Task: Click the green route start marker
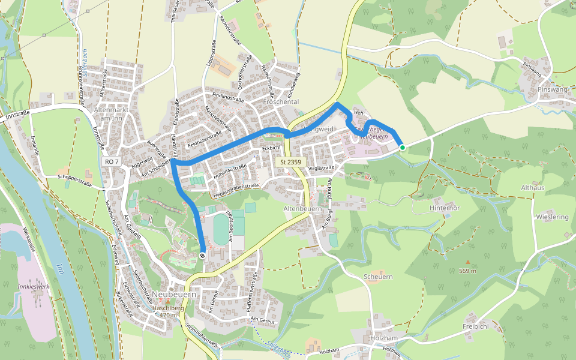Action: tap(402, 147)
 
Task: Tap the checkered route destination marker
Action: tap(203, 256)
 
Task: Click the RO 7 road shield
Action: tap(111, 161)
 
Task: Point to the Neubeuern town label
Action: tap(175, 294)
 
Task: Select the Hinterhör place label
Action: tap(445, 208)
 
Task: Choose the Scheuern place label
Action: tap(378, 277)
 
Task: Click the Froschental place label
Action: tap(281, 102)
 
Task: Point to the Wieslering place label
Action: tap(552, 216)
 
